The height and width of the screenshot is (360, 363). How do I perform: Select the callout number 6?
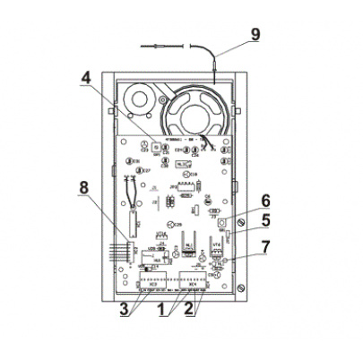[x=265, y=201]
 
